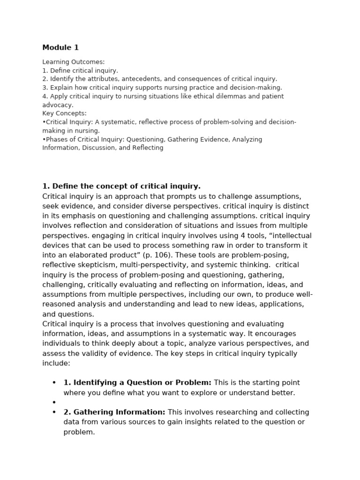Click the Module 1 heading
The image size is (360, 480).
click(x=60, y=47)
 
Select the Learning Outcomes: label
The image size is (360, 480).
click(x=74, y=62)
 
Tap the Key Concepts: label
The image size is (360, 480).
click(x=64, y=113)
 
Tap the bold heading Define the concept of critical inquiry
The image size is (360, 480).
click(x=121, y=186)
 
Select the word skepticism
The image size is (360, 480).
click(x=101, y=265)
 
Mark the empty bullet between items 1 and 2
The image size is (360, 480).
click(x=54, y=403)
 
